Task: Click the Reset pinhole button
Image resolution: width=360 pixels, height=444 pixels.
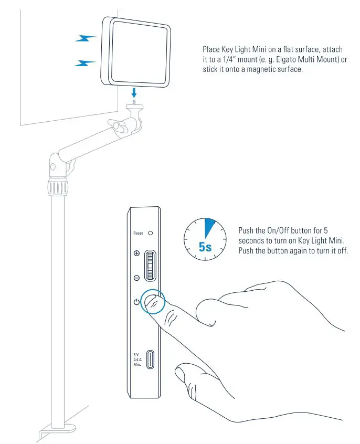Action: tap(151, 232)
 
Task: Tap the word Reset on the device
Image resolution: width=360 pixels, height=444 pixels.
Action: tap(138, 232)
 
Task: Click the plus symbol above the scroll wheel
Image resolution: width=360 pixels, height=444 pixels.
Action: tap(136, 253)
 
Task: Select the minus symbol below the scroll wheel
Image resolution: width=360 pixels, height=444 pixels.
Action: tap(136, 278)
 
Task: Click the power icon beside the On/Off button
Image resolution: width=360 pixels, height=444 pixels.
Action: tap(136, 302)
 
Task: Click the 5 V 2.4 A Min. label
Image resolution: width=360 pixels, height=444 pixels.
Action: tap(137, 359)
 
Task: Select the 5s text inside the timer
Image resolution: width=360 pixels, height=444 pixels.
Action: tap(205, 246)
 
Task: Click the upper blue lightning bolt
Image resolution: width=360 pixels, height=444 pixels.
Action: tap(85, 38)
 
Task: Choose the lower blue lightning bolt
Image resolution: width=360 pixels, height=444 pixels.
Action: tap(85, 63)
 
